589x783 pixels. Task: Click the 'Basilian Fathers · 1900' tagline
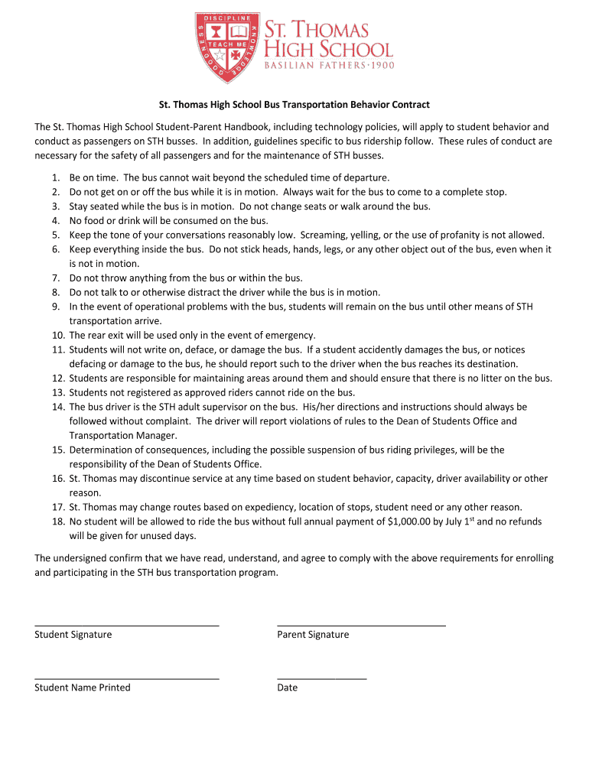point(328,67)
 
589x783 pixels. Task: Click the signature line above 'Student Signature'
point(127,625)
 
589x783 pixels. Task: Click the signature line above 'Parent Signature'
point(361,625)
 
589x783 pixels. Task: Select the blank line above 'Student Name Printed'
point(127,678)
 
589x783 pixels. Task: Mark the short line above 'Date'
point(321,678)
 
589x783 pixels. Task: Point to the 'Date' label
point(288,687)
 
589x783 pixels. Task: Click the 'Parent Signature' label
point(313,635)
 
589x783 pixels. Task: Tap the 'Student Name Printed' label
point(83,687)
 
